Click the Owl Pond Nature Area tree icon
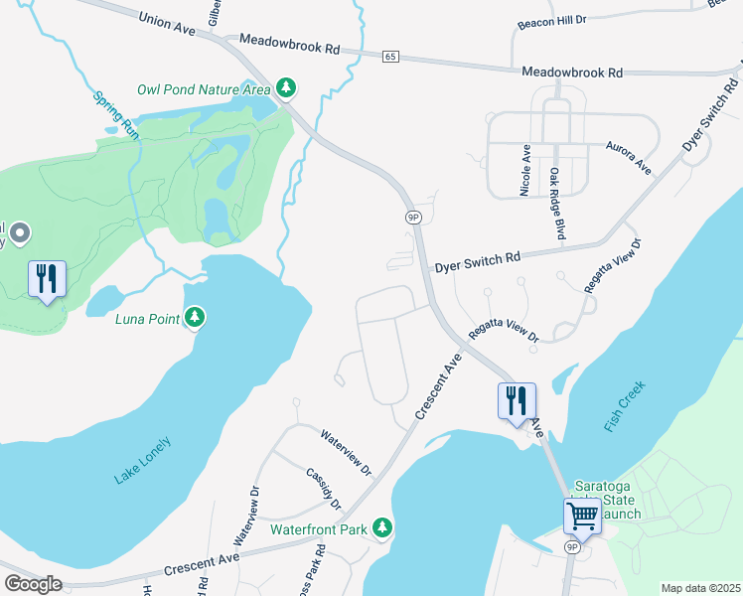(286, 88)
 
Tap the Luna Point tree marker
(196, 318)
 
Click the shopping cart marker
(582, 516)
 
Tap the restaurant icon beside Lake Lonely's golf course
(47, 279)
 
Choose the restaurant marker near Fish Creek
(517, 401)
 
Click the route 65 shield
(390, 58)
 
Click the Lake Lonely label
(142, 461)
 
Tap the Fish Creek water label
(625, 405)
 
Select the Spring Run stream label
(116, 114)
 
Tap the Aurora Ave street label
(629, 157)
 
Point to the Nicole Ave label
(525, 171)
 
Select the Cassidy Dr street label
(324, 487)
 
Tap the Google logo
(33, 584)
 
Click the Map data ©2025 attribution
(699, 588)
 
